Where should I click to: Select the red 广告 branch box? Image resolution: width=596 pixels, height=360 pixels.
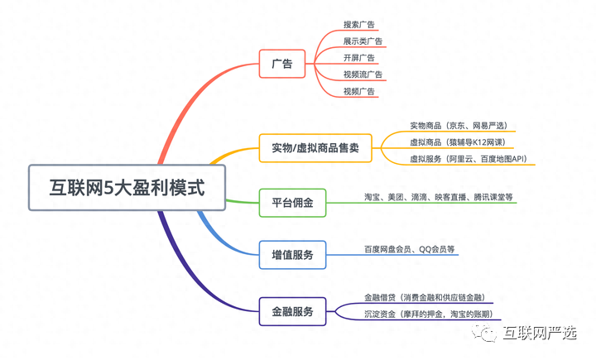(281, 64)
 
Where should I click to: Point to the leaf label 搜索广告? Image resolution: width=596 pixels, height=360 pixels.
(358, 25)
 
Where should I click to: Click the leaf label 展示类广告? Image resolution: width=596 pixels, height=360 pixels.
(363, 41)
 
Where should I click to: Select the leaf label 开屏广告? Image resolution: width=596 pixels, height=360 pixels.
(358, 58)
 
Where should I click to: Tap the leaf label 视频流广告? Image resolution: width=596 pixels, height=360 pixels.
(363, 74)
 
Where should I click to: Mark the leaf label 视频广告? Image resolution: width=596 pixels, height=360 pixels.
(358, 91)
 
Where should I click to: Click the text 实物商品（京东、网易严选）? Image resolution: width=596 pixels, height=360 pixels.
(459, 126)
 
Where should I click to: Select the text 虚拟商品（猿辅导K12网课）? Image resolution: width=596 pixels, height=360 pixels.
(459, 142)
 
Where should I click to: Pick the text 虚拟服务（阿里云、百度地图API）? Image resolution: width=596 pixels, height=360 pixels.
(469, 158)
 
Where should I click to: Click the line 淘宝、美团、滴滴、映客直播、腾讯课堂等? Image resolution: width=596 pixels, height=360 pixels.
(439, 197)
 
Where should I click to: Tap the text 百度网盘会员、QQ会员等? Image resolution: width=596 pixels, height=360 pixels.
(410, 249)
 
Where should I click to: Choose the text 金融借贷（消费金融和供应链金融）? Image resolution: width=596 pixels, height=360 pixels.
(424, 297)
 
